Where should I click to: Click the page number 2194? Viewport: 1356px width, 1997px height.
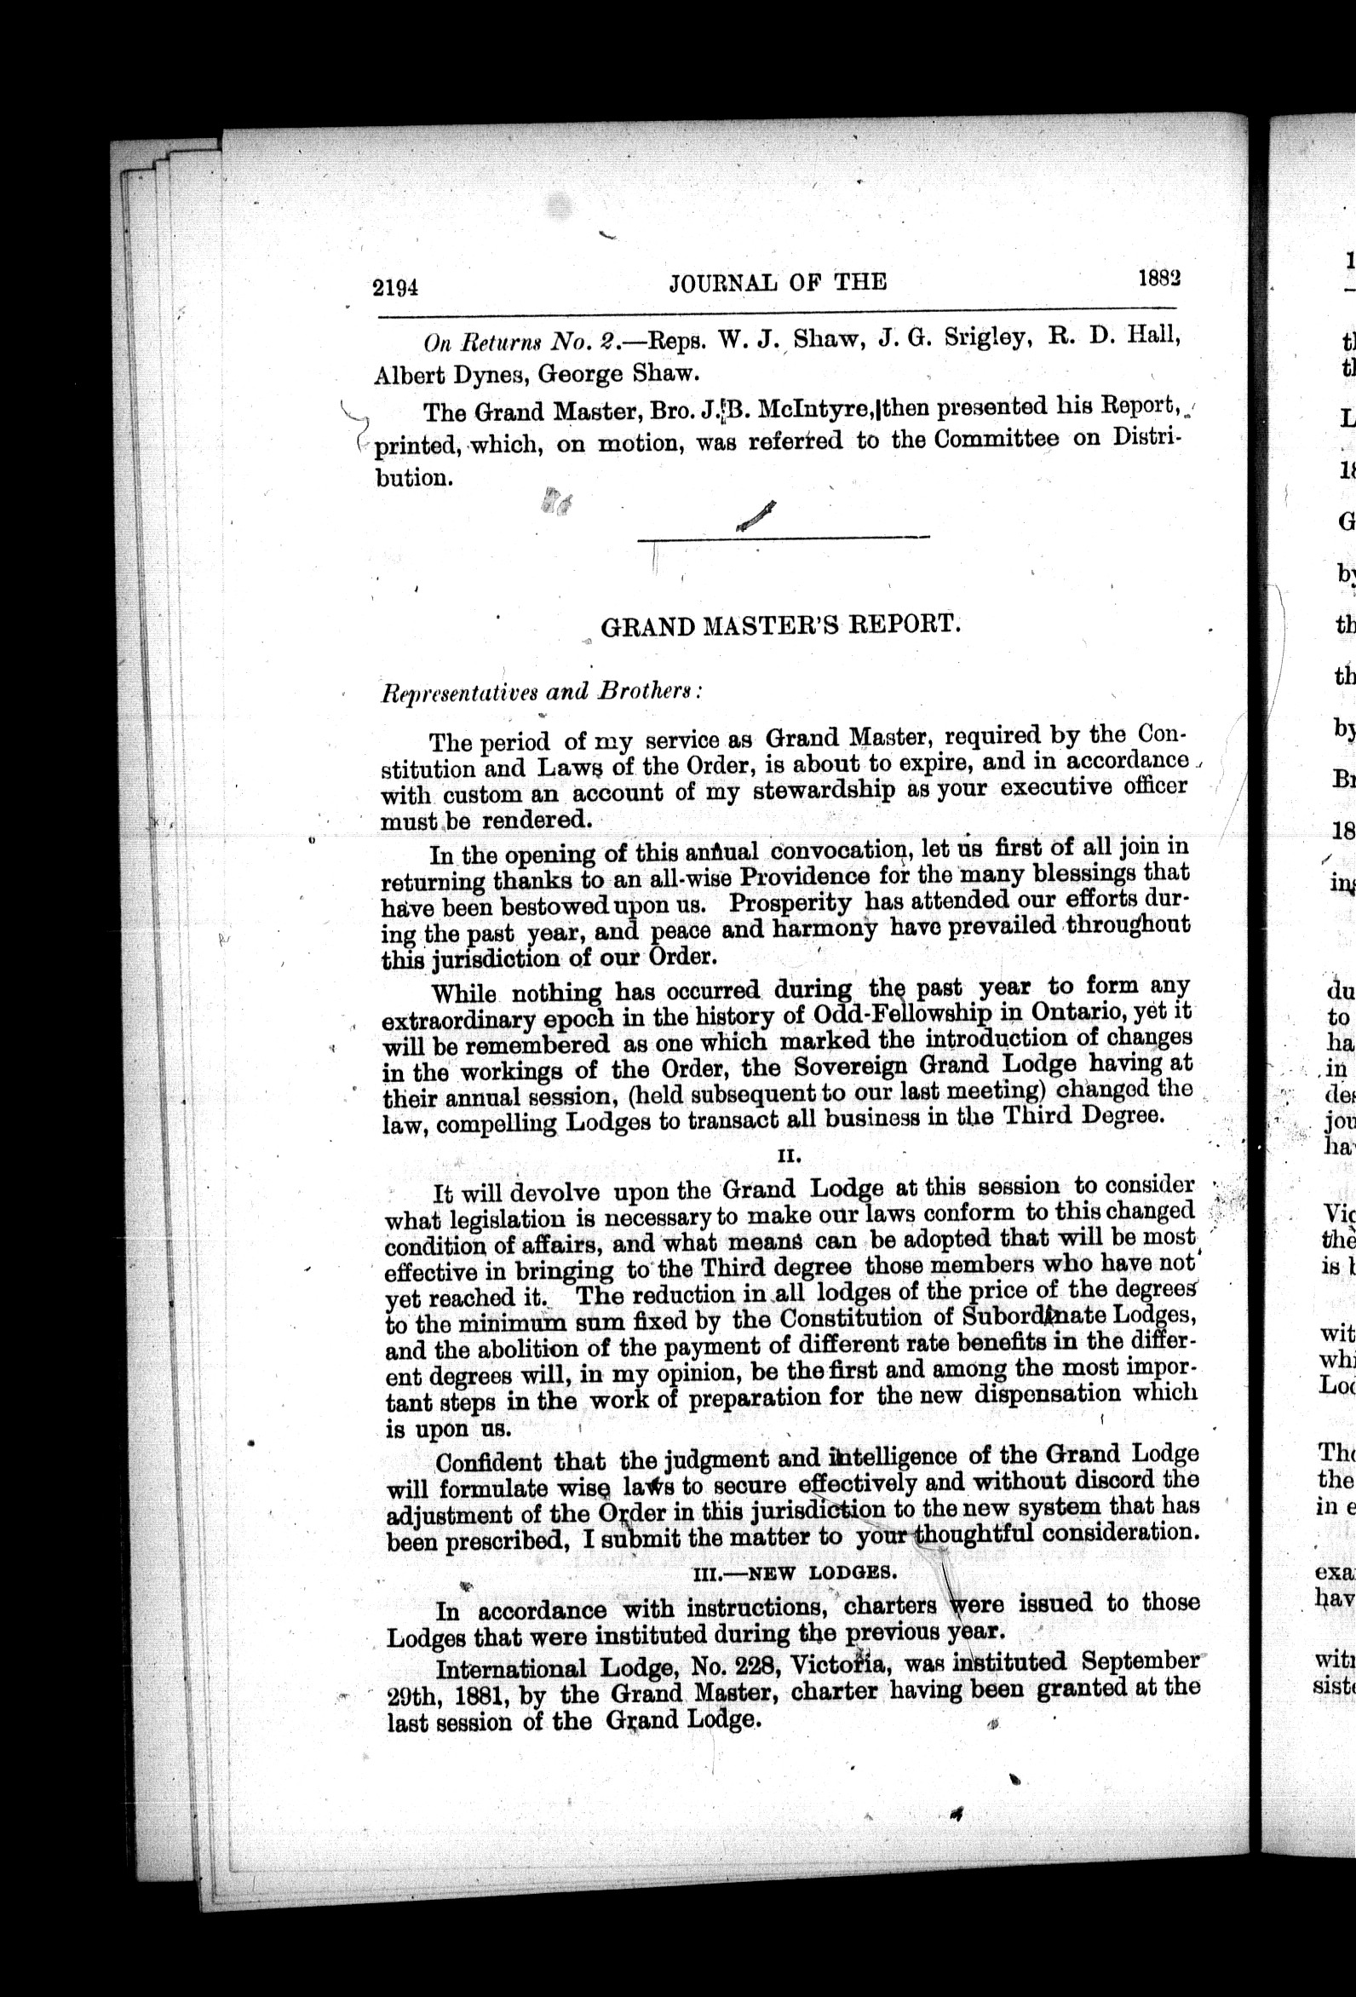[395, 288]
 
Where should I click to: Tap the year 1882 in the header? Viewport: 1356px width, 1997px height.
[1159, 279]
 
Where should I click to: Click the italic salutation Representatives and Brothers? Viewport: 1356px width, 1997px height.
[542, 693]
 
